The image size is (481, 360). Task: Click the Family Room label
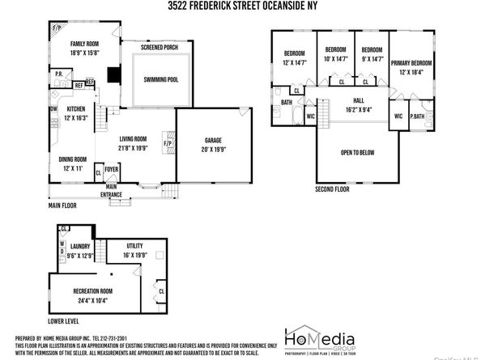[x=83, y=44]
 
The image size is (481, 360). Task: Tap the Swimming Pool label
[x=162, y=80]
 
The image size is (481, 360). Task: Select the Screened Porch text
[x=159, y=49]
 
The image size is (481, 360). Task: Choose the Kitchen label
[x=76, y=108]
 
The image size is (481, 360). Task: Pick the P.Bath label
[x=419, y=115]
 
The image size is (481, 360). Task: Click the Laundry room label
[x=79, y=245]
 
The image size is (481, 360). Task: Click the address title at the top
[x=240, y=6]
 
